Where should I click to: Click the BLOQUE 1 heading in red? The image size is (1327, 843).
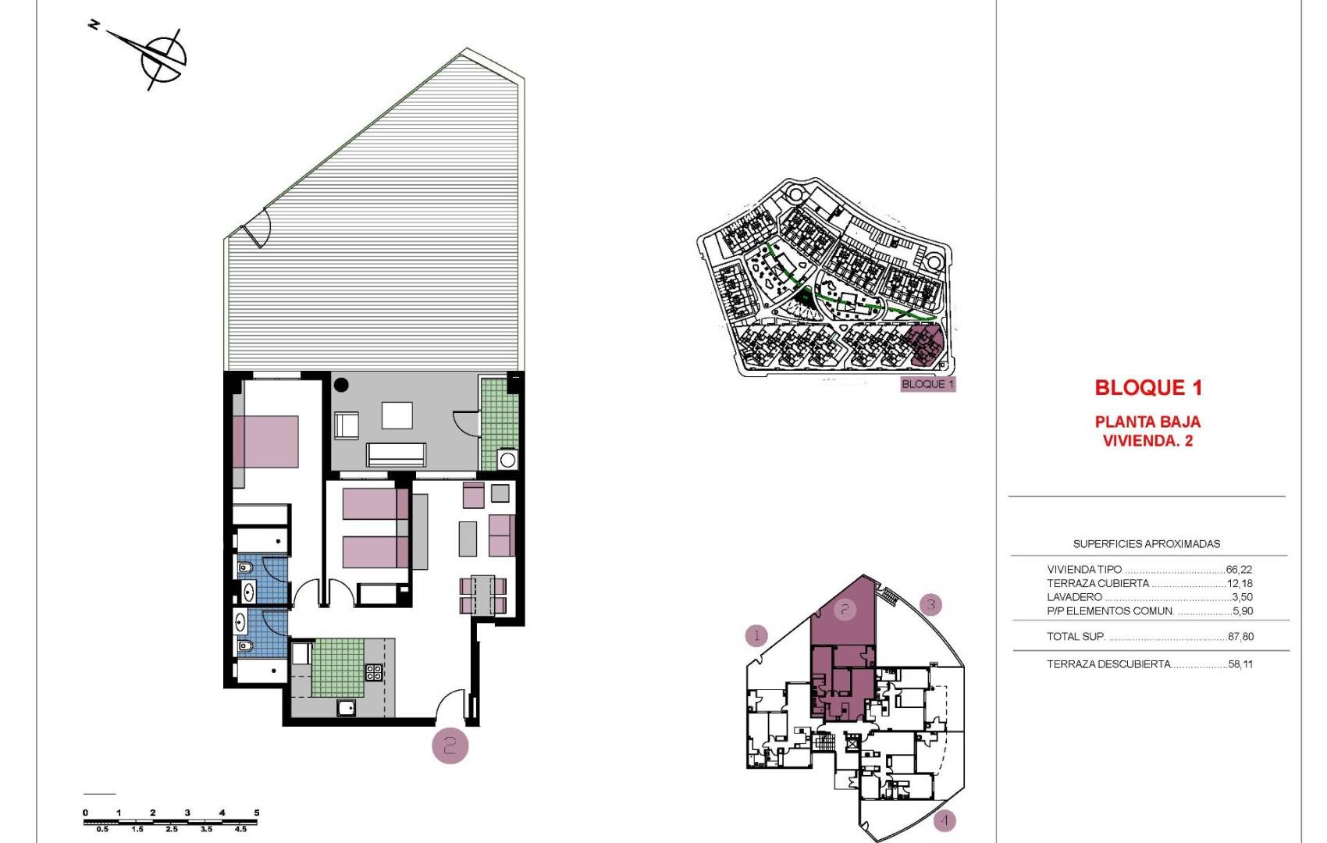click(1147, 387)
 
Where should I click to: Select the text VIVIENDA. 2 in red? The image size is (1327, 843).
click(1147, 441)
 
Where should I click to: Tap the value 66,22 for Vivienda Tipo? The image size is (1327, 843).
click(1239, 570)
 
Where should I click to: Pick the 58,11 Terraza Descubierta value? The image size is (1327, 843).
click(1240, 664)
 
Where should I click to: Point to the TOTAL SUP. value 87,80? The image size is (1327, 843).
click(1240, 637)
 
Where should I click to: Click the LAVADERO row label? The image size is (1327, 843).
click(1074, 597)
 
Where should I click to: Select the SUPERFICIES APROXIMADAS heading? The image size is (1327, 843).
click(1146, 544)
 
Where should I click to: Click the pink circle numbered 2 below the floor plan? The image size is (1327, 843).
click(450, 745)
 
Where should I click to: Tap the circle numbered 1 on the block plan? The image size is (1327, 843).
click(756, 635)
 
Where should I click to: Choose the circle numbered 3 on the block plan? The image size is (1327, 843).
click(930, 604)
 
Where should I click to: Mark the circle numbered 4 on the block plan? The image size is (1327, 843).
click(944, 820)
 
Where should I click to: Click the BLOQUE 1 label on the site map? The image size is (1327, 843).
click(927, 384)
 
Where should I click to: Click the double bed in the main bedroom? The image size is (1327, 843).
click(265, 441)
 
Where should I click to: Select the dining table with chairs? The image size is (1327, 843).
click(483, 595)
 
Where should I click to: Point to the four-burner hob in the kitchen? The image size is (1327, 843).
click(374, 672)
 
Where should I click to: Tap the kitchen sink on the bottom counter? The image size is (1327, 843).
click(346, 708)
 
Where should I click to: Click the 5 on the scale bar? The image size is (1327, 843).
click(257, 813)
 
